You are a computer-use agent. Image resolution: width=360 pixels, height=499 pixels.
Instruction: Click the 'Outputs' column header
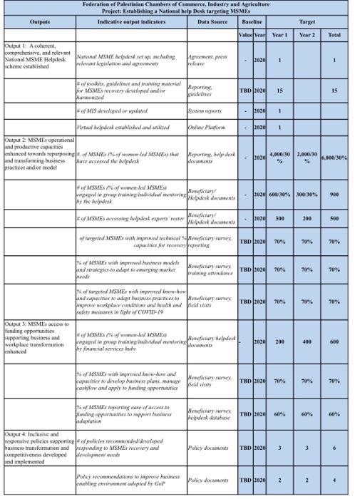[40, 22]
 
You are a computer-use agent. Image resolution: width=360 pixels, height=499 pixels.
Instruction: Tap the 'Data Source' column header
[212, 22]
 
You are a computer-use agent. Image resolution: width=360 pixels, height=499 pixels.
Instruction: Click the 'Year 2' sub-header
[307, 34]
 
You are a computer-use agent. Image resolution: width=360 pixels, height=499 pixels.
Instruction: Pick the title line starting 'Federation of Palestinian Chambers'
[179, 5]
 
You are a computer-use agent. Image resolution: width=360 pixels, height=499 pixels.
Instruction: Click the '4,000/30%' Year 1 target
[279, 157]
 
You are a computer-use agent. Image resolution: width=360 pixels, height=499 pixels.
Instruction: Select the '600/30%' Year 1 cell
[279, 195]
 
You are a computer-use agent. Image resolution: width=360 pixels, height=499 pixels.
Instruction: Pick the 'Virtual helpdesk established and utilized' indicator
[118, 127]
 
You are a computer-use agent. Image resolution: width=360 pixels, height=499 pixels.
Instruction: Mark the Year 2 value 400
[307, 341]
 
